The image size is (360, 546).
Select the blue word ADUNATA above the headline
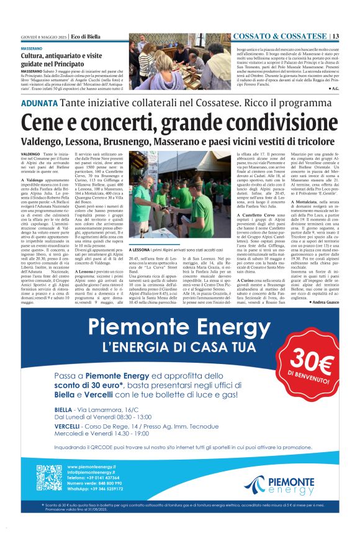click(x=40, y=103)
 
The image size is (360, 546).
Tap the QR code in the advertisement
click(x=50, y=476)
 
